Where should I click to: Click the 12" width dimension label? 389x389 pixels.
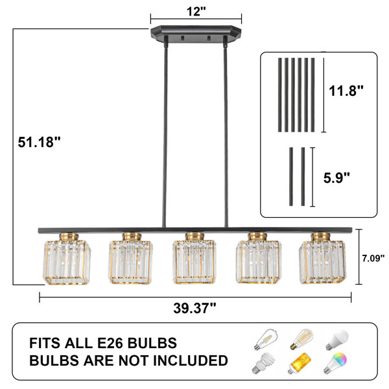coord(196,12)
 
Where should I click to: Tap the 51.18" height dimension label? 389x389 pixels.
coord(39,143)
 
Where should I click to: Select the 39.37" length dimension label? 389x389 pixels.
coord(194,309)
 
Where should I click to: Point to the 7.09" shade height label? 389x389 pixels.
coord(373,258)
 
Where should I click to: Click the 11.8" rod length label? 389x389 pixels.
coord(346,91)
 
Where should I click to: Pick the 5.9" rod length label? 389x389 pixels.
coord(336,178)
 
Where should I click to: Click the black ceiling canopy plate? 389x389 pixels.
coord(196,34)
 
